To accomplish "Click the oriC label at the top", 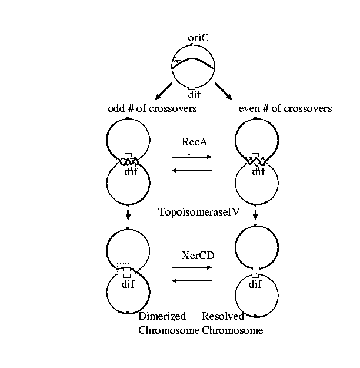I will [198, 38].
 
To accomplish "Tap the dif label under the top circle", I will [194, 94].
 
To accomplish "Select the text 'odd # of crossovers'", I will [152, 108].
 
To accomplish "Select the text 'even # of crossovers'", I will [285, 108].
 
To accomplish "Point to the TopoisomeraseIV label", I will [199, 212].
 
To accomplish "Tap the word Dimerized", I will [162, 317].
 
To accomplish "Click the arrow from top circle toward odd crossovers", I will [162, 91].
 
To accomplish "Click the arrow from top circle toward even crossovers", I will [224, 91].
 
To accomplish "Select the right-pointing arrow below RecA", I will [192, 157].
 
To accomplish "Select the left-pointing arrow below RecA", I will [192, 171].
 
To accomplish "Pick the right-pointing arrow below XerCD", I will [192, 267].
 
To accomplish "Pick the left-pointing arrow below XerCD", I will [192, 281].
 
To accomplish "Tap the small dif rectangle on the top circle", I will [192, 88].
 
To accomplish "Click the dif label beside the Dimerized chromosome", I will [128, 285].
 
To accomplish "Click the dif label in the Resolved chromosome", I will [255, 285].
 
